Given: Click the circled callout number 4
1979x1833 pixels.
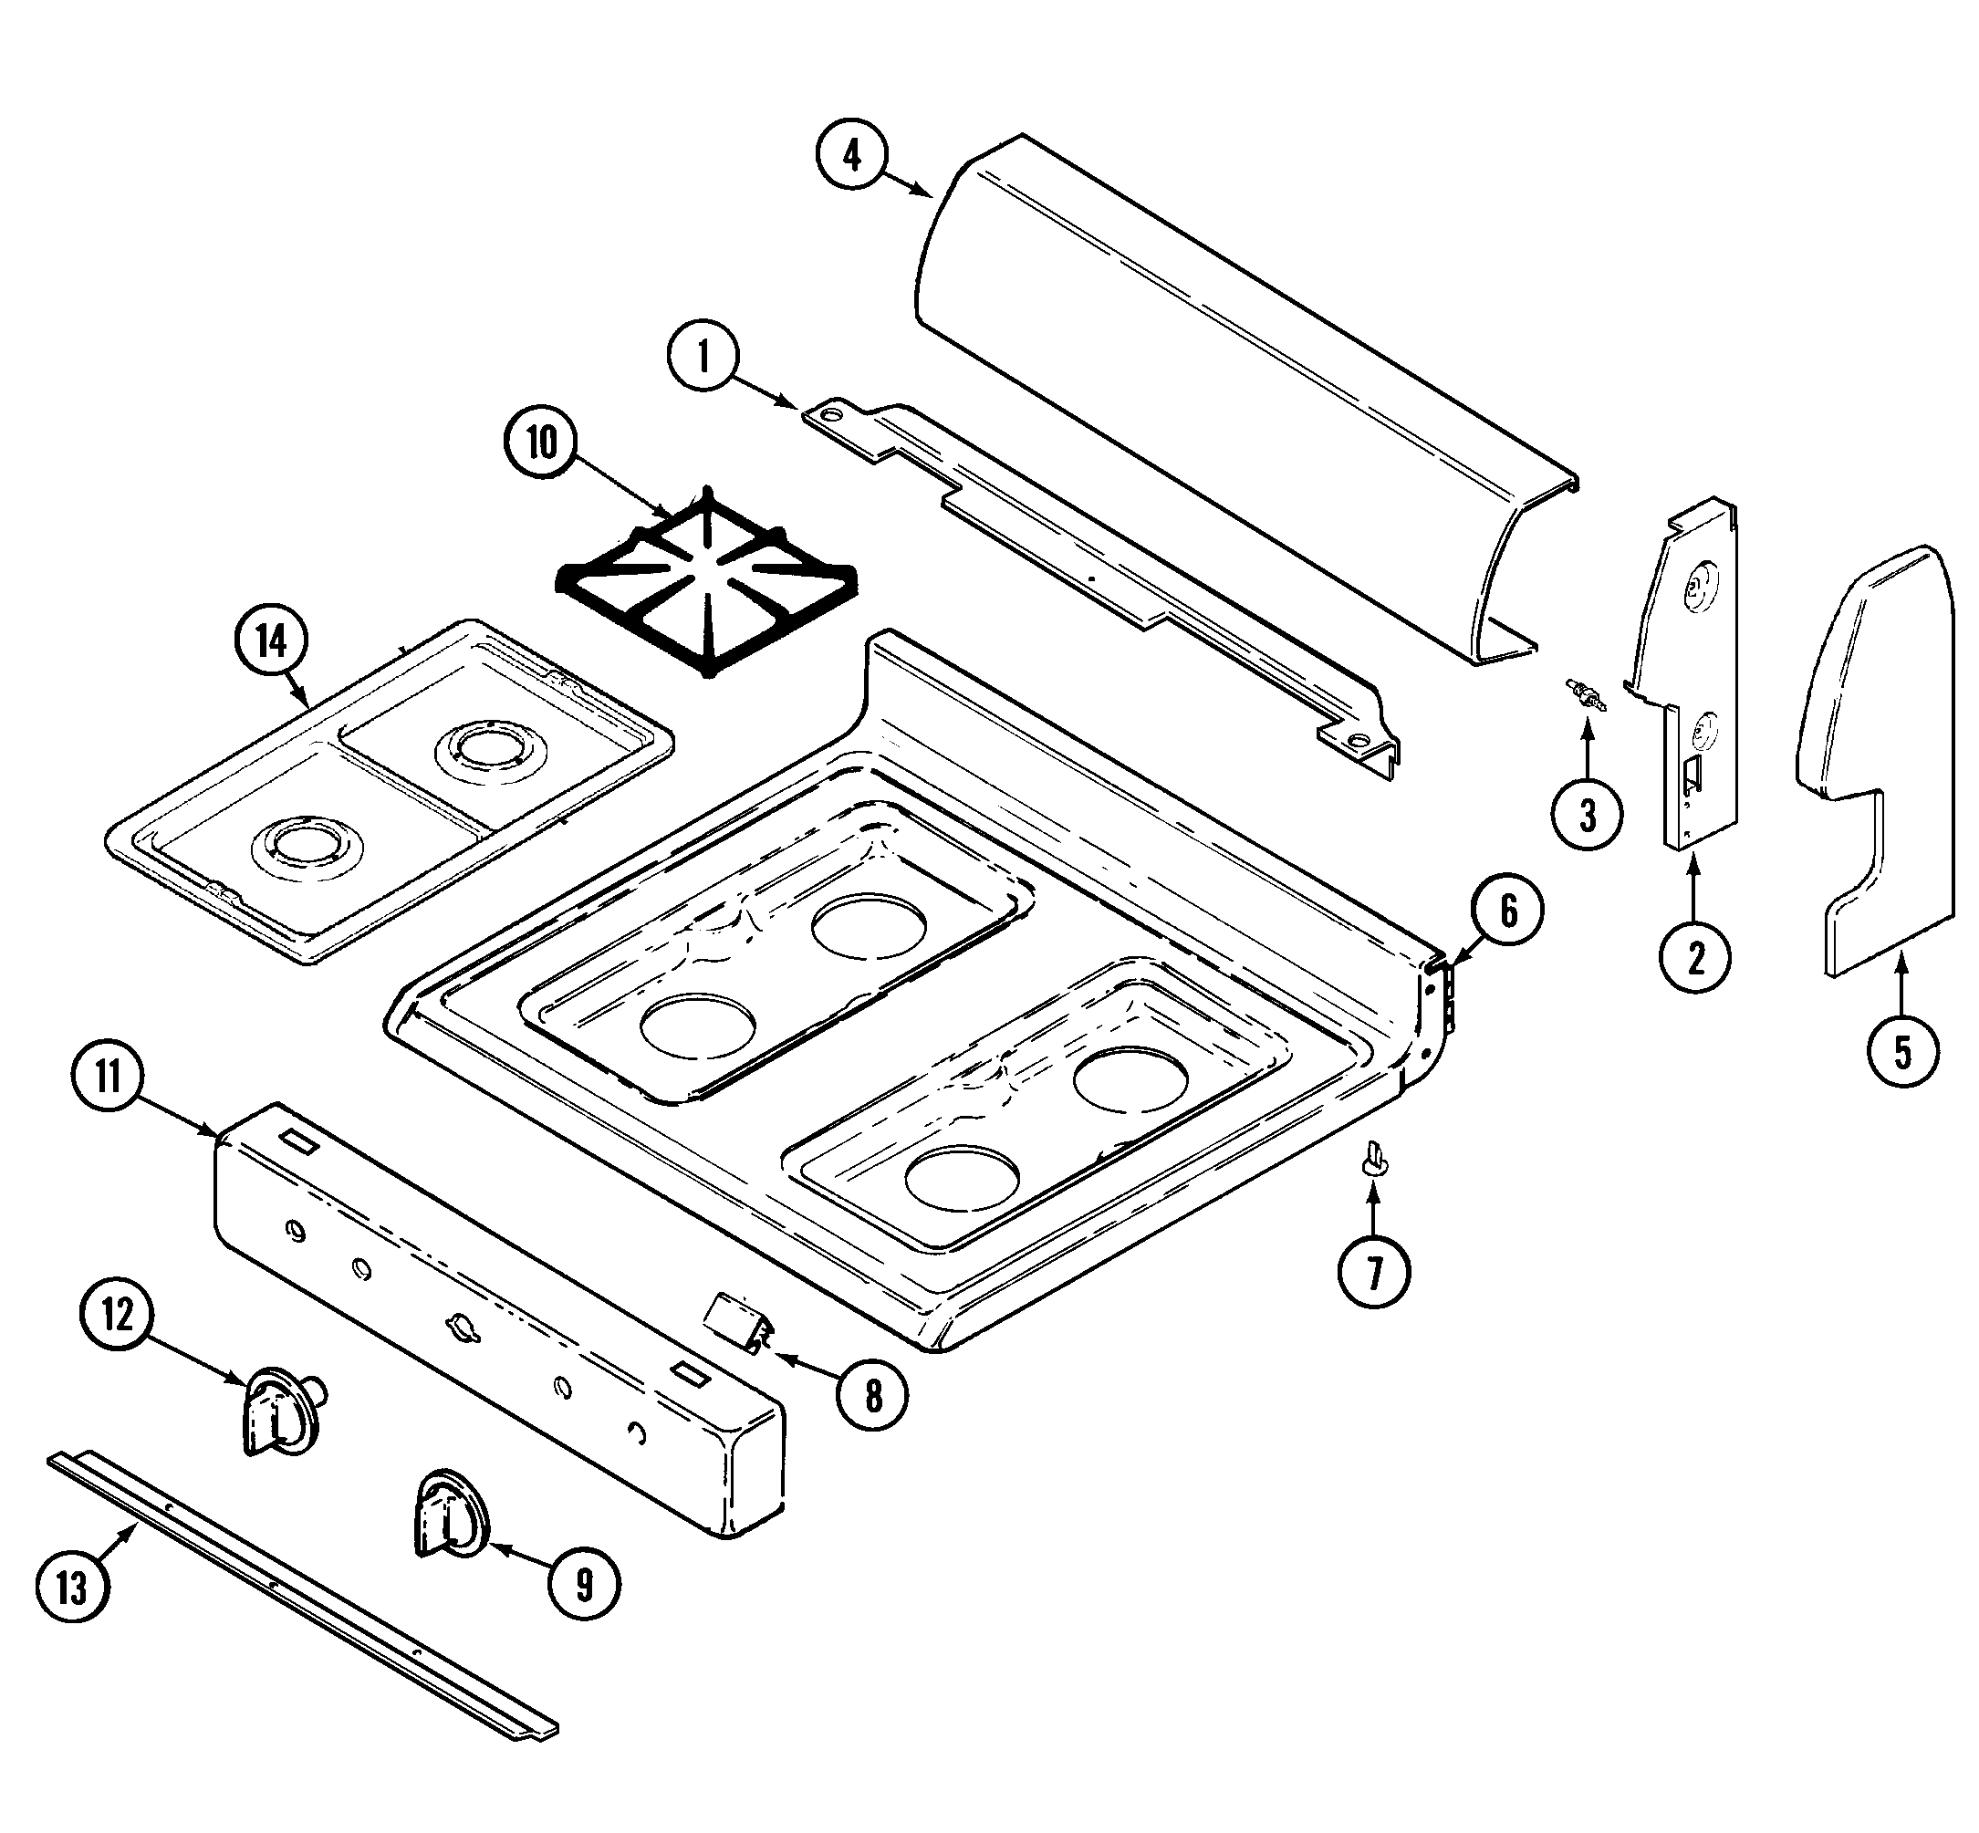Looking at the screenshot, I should click(x=853, y=156).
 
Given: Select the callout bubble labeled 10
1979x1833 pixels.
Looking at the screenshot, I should click(x=542, y=443).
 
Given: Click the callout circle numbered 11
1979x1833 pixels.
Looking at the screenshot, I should click(x=109, y=1077).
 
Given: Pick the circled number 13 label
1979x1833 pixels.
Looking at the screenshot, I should click(x=71, y=1588).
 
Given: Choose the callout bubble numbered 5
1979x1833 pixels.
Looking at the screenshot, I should click(x=1901, y=1051).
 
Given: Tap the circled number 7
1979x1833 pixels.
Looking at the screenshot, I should click(x=1374, y=1274).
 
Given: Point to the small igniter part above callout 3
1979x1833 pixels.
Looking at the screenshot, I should click(x=1586, y=693).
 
